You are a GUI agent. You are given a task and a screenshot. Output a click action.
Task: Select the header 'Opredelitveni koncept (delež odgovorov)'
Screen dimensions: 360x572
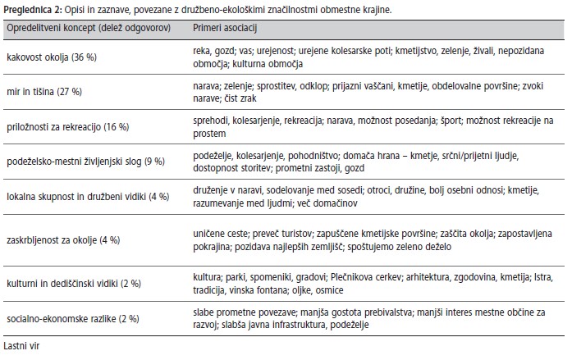pos(88,27)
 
